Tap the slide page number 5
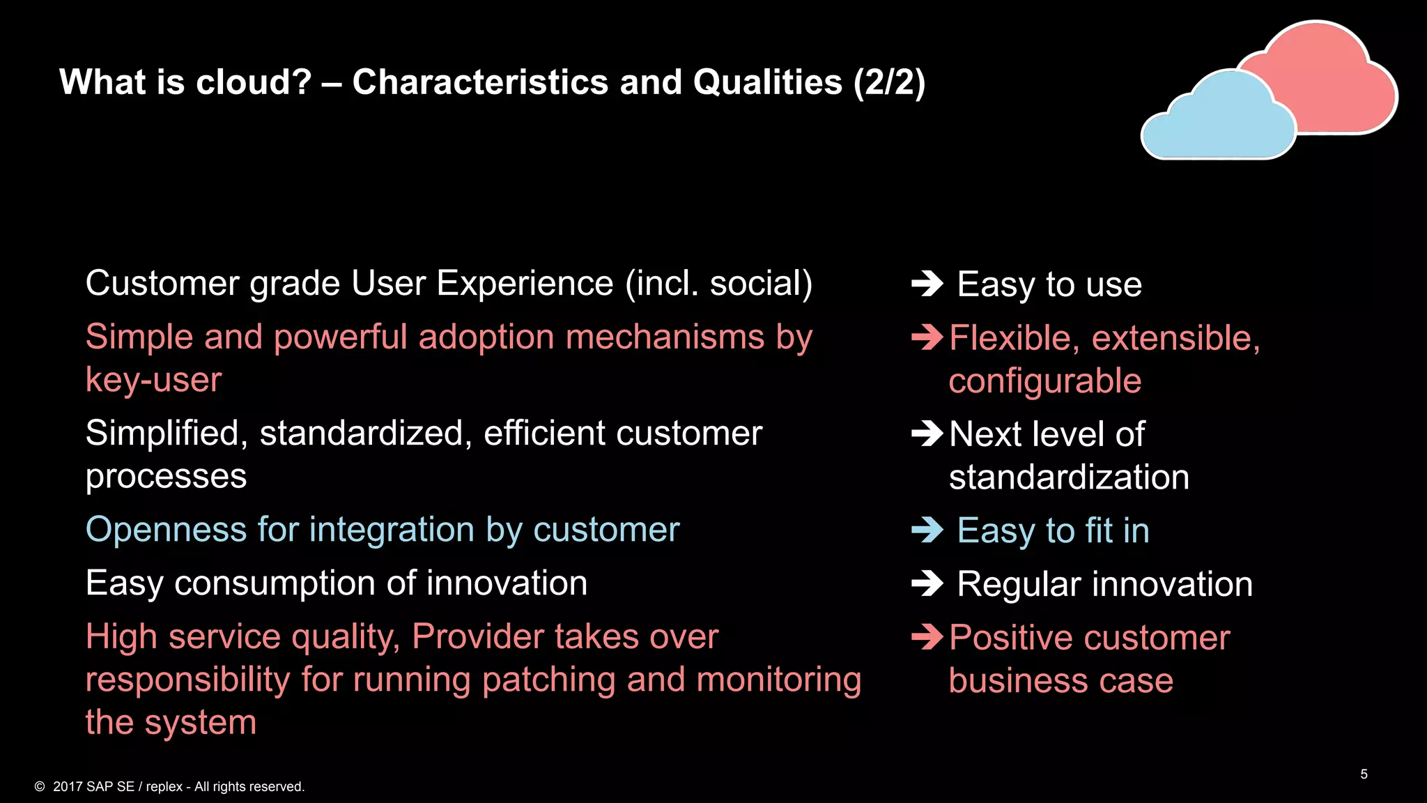click(1364, 774)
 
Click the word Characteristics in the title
click(480, 82)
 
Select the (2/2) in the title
click(890, 82)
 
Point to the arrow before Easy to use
click(927, 284)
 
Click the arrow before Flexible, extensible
click(927, 337)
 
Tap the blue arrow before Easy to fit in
click(927, 530)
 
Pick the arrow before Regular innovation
click(927, 583)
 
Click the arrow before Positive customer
click(927, 636)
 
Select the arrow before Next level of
click(927, 434)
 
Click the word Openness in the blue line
click(166, 530)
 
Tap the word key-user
click(153, 381)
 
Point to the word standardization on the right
click(1069, 477)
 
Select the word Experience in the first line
click(525, 284)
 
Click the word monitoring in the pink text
click(778, 680)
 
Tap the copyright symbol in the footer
click(40, 786)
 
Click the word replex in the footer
click(164, 786)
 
